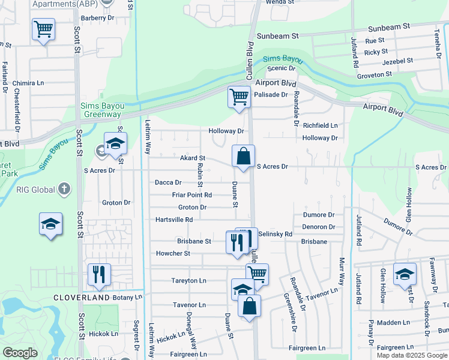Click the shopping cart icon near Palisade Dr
click(239, 97)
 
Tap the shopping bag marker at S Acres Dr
click(243, 157)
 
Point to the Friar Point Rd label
click(191, 195)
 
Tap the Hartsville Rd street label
click(173, 220)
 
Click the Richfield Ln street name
click(320, 126)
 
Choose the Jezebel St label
click(393, 61)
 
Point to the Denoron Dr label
click(318, 227)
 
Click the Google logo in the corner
click(20, 353)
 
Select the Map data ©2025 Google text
click(412, 355)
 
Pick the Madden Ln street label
click(393, 322)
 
